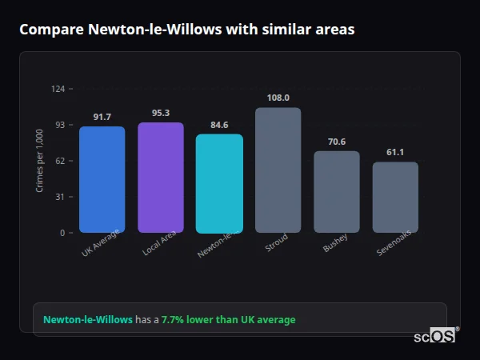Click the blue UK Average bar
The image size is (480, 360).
[x=102, y=179]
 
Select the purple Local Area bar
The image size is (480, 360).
[x=161, y=178]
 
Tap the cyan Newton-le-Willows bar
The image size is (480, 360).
[x=219, y=183]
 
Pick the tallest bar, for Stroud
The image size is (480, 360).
[x=278, y=170]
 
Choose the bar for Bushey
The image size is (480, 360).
[x=337, y=192]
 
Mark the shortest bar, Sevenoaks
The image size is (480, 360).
[x=395, y=197]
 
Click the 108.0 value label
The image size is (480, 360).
[x=278, y=98]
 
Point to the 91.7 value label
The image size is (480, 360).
[x=102, y=117]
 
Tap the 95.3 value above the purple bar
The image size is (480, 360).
[x=161, y=113]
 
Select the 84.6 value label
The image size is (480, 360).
[x=219, y=125]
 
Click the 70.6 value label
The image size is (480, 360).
[x=337, y=142]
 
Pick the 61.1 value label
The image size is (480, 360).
[x=395, y=152]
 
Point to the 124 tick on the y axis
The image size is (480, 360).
[x=58, y=89]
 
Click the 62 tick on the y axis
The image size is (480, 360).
[x=60, y=161]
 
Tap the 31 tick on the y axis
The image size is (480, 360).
[x=60, y=197]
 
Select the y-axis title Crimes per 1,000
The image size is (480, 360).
[x=39, y=161]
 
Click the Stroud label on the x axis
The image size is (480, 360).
[x=276, y=243]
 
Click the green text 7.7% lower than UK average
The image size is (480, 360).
[x=228, y=320]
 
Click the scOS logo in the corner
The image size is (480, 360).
[x=434, y=336]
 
